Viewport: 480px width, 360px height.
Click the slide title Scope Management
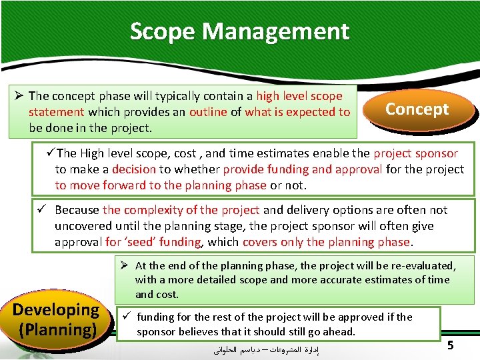239,31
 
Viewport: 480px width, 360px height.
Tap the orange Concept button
417,109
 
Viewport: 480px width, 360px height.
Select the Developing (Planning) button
56,319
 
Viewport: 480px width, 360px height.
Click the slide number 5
451,345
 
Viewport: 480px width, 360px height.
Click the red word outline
208,112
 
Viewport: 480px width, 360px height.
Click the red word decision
133,169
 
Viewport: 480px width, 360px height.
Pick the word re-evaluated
420,265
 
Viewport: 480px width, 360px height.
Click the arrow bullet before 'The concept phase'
19,96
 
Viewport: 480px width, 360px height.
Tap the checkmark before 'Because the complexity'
42,210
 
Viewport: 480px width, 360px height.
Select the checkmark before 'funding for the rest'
125,317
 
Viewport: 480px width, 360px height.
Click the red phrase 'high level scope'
299,96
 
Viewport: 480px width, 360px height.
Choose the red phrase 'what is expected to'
297,112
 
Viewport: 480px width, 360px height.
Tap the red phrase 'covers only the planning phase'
327,242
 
